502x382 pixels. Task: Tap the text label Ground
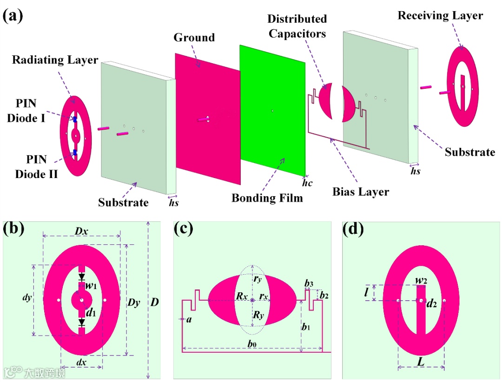(194, 37)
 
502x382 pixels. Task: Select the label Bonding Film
(267, 198)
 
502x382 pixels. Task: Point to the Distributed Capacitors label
(297, 26)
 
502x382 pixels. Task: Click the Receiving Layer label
(440, 16)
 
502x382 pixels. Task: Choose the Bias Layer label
(361, 191)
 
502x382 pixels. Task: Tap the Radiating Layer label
(55, 60)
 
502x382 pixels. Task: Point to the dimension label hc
(307, 183)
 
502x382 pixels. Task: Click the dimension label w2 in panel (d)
(422, 281)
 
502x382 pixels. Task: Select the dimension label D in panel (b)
(155, 303)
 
